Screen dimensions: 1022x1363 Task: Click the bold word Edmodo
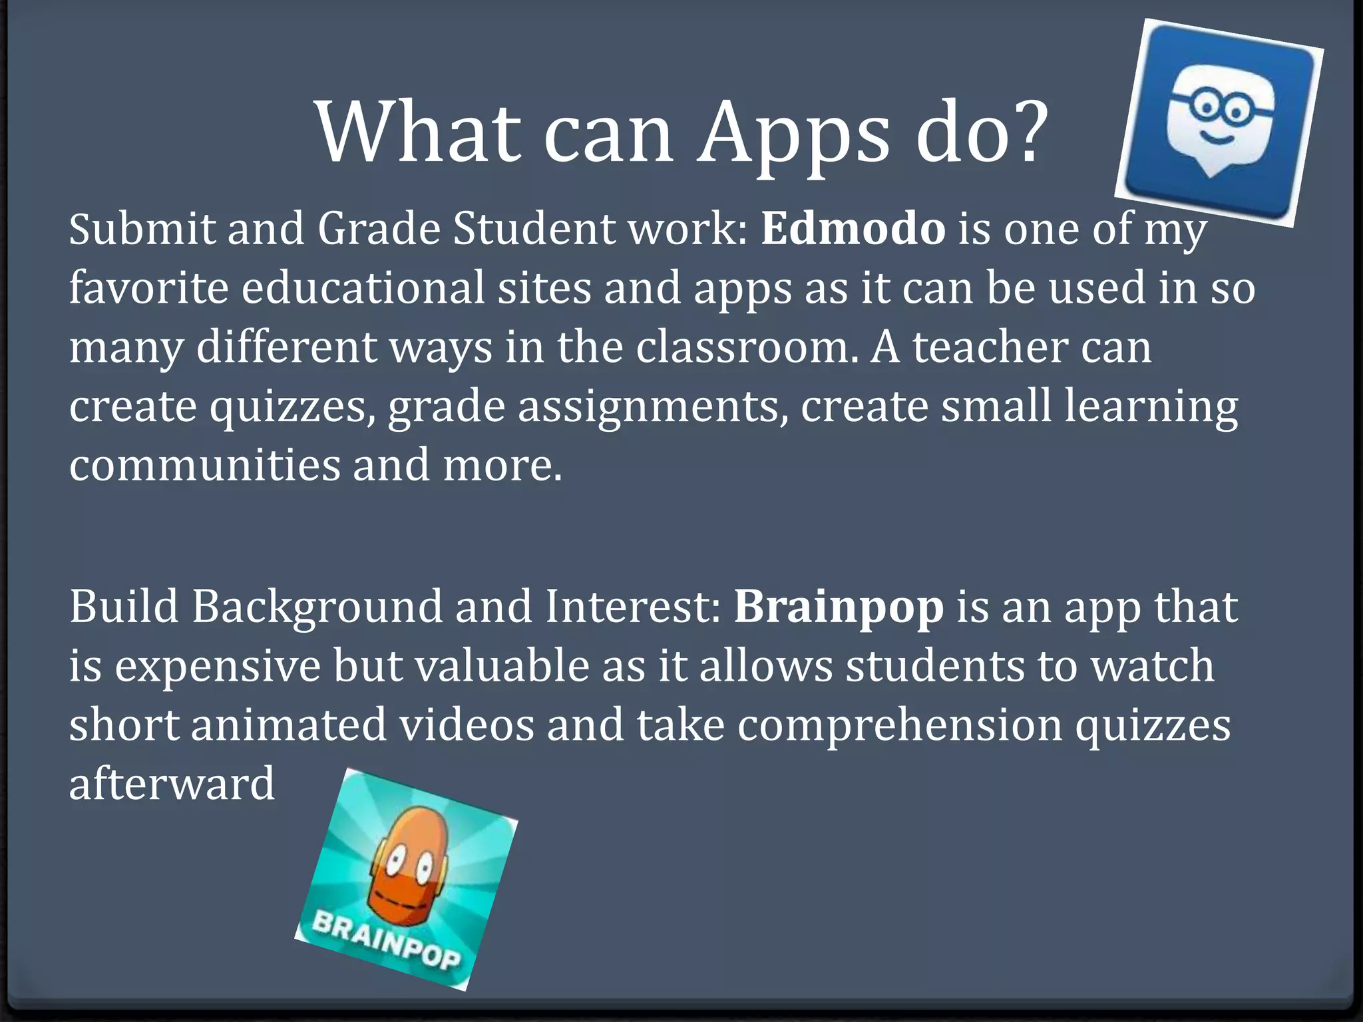[853, 229]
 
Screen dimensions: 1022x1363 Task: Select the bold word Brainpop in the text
[839, 607]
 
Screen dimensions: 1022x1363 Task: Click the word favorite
[149, 289]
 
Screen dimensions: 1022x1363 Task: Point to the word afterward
[172, 783]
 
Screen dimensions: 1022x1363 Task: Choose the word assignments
[648, 407]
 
